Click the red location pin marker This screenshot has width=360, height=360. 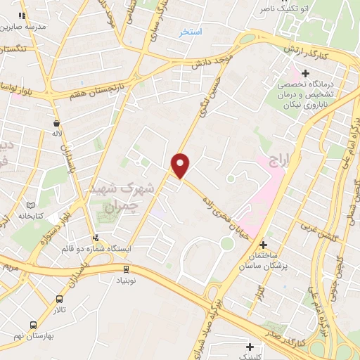(181, 165)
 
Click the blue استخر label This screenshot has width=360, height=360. (191, 32)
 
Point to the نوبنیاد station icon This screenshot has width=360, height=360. (126, 268)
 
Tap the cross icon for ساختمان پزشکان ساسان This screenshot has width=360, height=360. (264, 245)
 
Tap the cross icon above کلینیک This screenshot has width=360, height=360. (251, 346)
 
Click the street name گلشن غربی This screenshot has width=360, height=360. (320, 231)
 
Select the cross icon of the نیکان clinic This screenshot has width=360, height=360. (305, 73)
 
